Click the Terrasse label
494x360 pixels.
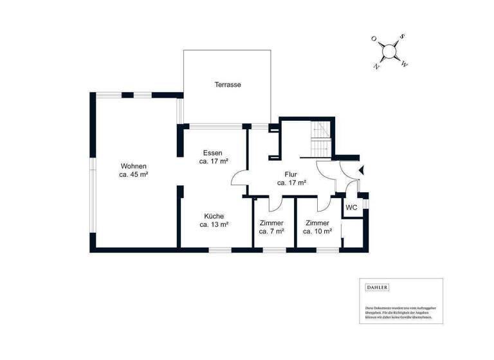(x=228, y=85)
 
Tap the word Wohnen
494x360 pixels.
(x=133, y=166)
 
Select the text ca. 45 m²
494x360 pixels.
(x=133, y=174)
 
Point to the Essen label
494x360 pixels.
(x=212, y=153)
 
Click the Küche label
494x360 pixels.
(x=214, y=216)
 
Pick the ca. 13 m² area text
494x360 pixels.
(x=214, y=225)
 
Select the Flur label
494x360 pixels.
(x=291, y=174)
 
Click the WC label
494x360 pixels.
(x=351, y=208)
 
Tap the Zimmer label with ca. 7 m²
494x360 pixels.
(x=271, y=222)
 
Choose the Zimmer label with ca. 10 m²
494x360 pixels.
(x=317, y=222)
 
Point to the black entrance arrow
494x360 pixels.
(x=361, y=170)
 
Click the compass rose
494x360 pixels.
(x=389, y=51)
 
